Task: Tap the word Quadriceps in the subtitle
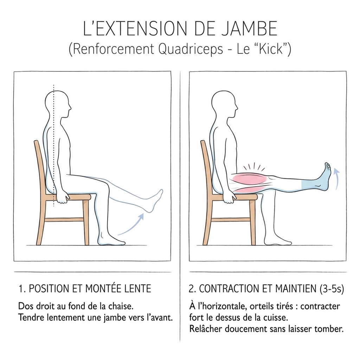click(190, 49)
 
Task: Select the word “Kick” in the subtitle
click(271, 49)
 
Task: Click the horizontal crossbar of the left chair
click(65, 219)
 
